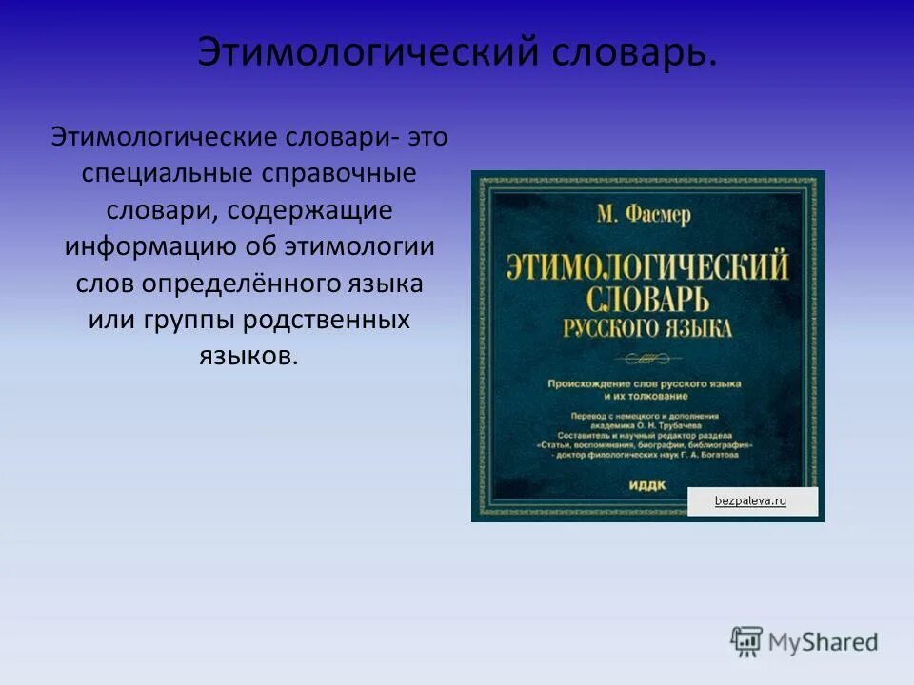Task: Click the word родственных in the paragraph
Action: [x=326, y=319]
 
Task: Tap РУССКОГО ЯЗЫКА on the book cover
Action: [x=648, y=329]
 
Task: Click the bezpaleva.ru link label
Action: [x=751, y=500]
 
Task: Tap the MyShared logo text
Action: [x=824, y=642]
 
